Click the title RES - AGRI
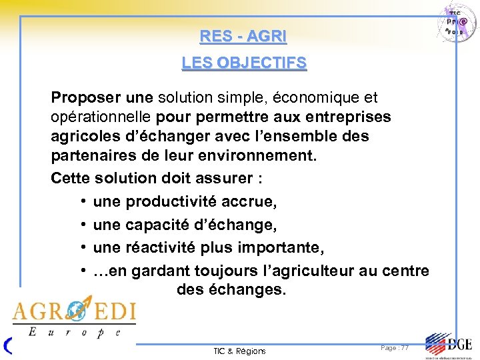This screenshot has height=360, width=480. click(243, 37)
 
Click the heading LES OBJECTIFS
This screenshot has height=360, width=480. click(244, 63)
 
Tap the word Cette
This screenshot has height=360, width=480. click(71, 179)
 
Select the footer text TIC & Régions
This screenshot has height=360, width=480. click(239, 351)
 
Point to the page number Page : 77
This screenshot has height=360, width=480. click(395, 348)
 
